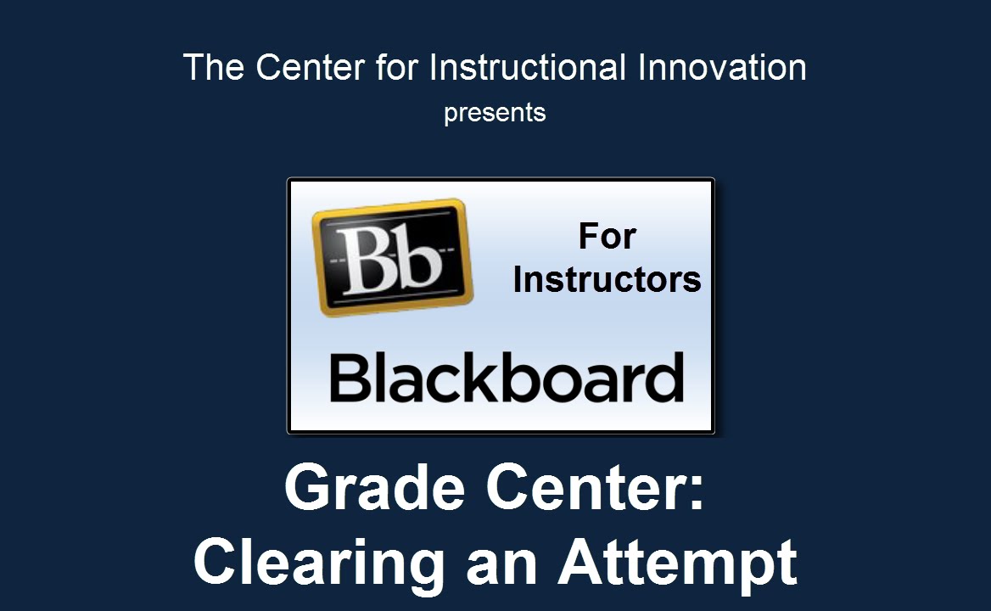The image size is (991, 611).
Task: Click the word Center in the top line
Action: [x=310, y=67]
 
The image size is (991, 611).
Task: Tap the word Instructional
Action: [x=528, y=67]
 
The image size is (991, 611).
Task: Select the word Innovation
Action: [x=722, y=67]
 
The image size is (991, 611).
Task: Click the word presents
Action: [x=495, y=114]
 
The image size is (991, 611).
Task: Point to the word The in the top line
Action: [x=213, y=67]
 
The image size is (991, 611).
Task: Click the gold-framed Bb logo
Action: [x=393, y=257]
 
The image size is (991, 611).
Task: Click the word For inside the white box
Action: [x=607, y=236]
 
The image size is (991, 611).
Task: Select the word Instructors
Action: [x=607, y=279]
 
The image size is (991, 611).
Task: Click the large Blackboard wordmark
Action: [x=507, y=378]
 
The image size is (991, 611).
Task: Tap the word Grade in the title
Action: [x=375, y=487]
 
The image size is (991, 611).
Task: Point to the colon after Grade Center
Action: [x=696, y=494]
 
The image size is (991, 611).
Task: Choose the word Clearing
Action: [x=319, y=563]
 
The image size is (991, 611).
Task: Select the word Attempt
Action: [x=678, y=563]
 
